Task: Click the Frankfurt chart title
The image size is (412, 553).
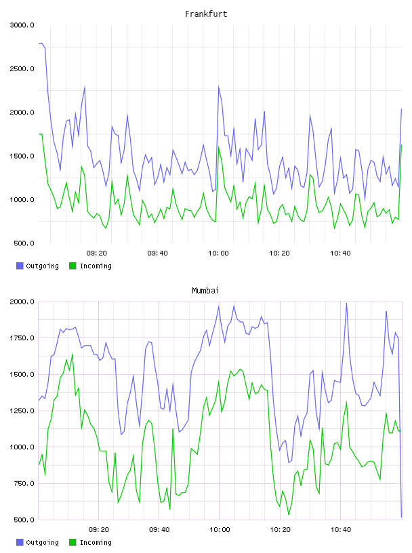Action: point(206,14)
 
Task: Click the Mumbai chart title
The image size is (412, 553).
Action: point(205,290)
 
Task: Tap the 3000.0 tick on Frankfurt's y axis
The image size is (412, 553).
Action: point(22,25)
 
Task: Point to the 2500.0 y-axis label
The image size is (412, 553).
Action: point(22,68)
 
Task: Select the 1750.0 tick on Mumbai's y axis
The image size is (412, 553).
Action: point(22,338)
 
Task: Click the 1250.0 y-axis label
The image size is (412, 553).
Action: point(22,411)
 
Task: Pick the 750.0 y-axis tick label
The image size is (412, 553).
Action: point(24,483)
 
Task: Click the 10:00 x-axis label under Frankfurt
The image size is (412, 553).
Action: point(218,253)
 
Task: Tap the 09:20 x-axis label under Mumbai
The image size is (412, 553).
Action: point(99,530)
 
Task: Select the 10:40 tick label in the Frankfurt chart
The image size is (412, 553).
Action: point(340,253)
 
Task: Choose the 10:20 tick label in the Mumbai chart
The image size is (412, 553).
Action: point(280,530)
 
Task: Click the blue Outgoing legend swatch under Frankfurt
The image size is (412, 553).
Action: point(20,266)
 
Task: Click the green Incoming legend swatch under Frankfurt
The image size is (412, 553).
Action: point(73,266)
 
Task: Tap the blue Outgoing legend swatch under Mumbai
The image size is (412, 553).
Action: point(20,542)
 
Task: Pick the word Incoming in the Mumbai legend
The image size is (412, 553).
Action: point(96,542)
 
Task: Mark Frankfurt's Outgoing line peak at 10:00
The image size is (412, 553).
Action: point(219,87)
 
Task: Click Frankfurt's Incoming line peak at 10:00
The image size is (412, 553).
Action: point(219,148)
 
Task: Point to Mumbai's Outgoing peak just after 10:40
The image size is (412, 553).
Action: point(346,304)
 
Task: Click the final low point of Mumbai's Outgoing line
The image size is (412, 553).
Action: point(401,517)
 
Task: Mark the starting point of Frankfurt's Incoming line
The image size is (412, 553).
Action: point(39,134)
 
